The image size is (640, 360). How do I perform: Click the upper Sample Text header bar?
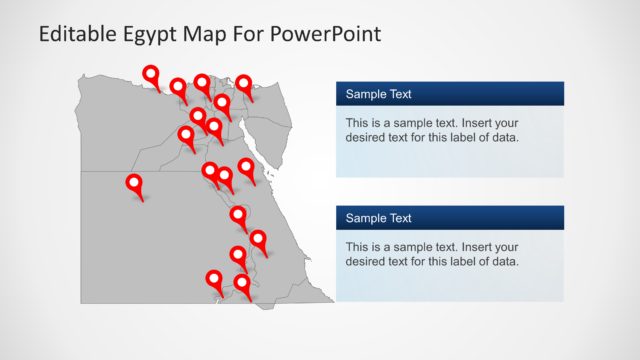coord(450,94)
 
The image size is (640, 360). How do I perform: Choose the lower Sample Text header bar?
coord(450,217)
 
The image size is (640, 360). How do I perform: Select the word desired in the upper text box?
coord(367,137)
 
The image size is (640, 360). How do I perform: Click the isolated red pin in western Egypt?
coord(133,184)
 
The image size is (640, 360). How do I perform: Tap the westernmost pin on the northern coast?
coord(151,74)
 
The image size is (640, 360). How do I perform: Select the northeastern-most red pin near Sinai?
coord(244,85)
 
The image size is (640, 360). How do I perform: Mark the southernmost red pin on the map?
coord(242,285)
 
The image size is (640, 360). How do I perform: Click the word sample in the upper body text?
coord(413,122)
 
